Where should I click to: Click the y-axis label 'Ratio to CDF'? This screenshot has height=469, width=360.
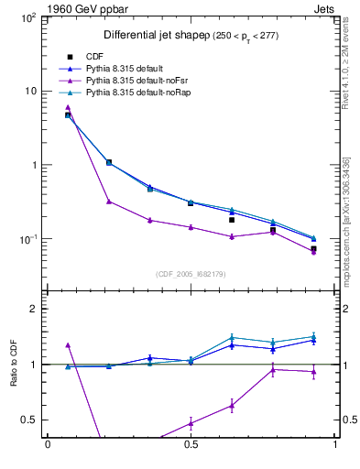(15, 364)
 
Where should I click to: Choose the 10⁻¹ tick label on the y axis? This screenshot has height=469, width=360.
(29, 239)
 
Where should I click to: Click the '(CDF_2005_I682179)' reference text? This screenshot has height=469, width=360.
(191, 273)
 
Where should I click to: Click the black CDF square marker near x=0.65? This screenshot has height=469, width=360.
(232, 220)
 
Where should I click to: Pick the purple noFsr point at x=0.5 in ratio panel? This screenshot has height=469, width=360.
(191, 423)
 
